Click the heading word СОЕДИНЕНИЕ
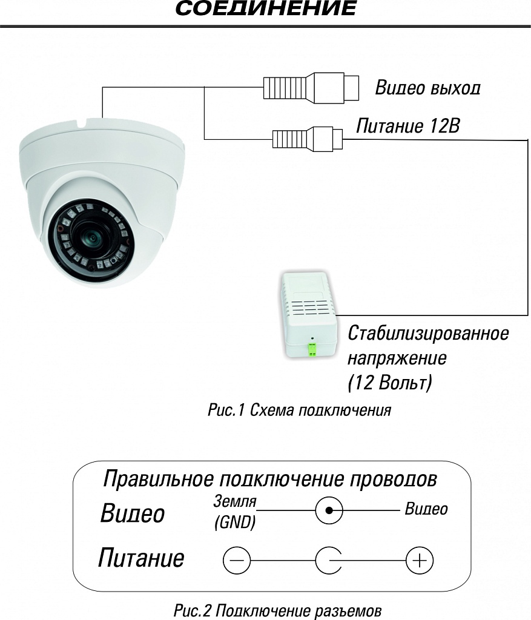(x=266, y=9)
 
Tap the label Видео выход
(x=427, y=88)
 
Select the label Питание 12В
(x=407, y=127)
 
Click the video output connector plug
(x=311, y=87)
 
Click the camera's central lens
(x=91, y=237)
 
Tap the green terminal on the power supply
(x=312, y=349)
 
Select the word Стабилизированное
(x=428, y=333)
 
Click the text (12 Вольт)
(x=391, y=383)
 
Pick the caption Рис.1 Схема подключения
(x=299, y=411)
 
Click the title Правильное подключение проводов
(x=270, y=479)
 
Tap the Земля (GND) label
(x=235, y=512)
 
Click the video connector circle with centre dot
(x=329, y=511)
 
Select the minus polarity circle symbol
(x=236, y=561)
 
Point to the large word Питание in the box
(x=141, y=557)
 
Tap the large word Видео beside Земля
(x=132, y=514)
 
